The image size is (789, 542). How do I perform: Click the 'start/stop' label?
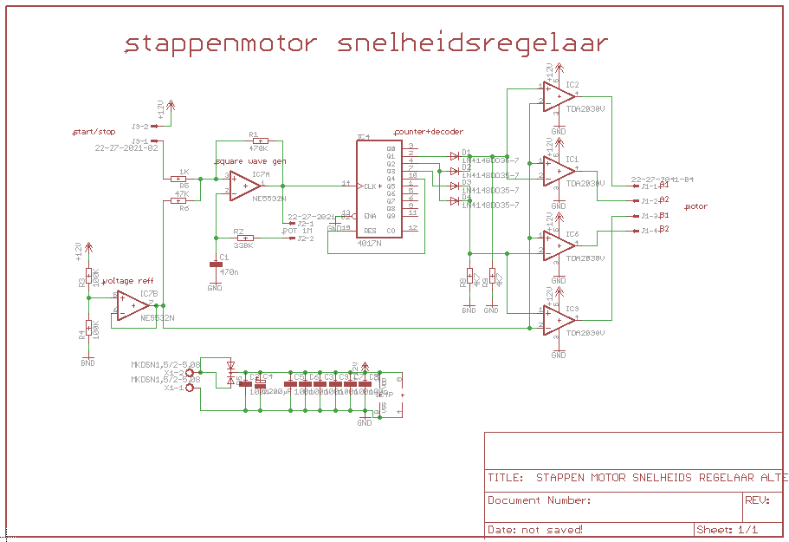[94, 132]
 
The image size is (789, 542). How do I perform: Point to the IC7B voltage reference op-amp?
[132, 304]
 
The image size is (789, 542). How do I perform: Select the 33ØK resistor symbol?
[246, 238]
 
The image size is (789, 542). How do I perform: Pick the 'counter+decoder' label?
[429, 132]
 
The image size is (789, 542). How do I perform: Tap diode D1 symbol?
[453, 156]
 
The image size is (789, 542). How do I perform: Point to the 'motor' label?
[696, 207]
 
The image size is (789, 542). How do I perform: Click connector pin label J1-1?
[649, 186]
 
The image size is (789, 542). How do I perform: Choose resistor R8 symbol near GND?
[469, 278]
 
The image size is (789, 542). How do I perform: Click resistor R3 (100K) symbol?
[87, 278]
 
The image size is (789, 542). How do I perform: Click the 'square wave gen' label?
[250, 161]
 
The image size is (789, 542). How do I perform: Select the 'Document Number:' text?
[540, 500]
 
